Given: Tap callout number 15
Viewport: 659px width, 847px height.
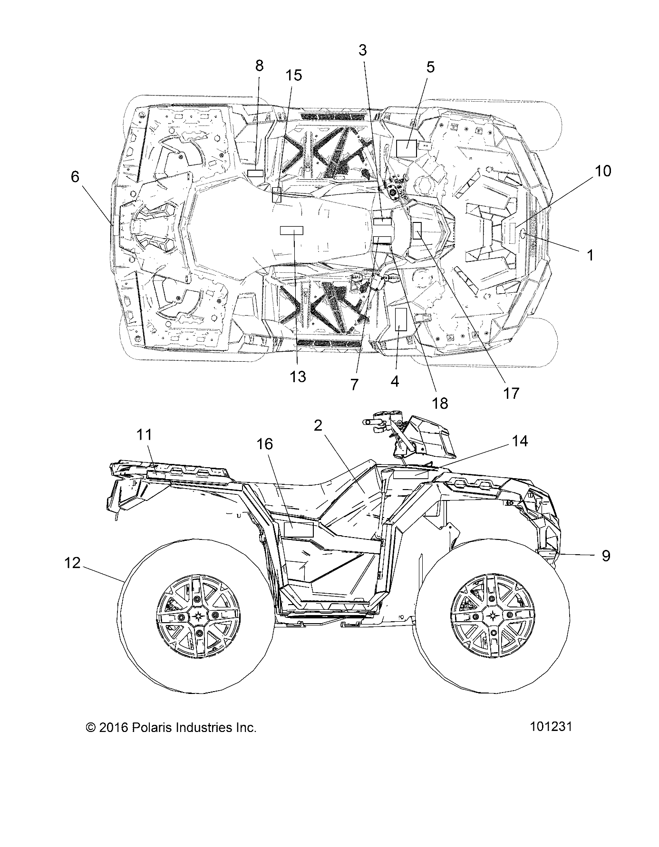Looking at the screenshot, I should point(294,75).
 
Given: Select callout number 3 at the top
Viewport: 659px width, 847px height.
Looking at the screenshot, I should point(363,50).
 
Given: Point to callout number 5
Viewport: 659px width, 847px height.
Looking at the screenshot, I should point(430,67).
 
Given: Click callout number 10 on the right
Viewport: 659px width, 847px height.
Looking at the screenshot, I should point(603,171).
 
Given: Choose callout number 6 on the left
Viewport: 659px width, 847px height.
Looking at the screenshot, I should point(75,177).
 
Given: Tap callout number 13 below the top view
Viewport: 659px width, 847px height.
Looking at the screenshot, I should point(298,377).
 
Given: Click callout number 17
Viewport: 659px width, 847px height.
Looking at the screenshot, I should point(512,393).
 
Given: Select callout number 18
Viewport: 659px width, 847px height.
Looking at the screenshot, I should point(440,403).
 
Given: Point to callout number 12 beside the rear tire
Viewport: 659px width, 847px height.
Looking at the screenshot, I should point(73,563).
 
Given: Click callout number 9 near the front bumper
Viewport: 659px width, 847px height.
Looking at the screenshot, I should point(606,555).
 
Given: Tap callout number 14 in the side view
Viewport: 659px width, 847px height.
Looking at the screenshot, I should point(520,441).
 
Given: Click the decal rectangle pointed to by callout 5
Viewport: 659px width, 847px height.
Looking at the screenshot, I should point(407,148).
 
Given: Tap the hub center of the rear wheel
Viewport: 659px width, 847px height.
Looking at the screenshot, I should point(197,616).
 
